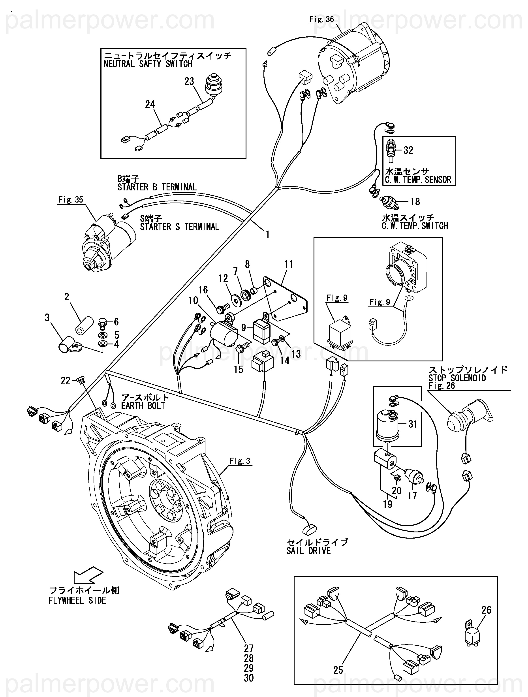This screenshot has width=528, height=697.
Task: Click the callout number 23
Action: pyautogui.click(x=189, y=82)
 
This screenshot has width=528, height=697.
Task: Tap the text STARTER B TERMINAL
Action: pyautogui.click(x=157, y=187)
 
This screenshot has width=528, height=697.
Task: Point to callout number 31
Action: pyautogui.click(x=413, y=424)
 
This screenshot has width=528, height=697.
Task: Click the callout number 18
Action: pyautogui.click(x=415, y=202)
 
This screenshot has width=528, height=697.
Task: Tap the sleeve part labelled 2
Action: pyautogui.click(x=83, y=325)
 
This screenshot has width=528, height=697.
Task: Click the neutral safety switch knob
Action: pyautogui.click(x=213, y=83)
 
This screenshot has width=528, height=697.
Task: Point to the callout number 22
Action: pyautogui.click(x=65, y=381)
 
